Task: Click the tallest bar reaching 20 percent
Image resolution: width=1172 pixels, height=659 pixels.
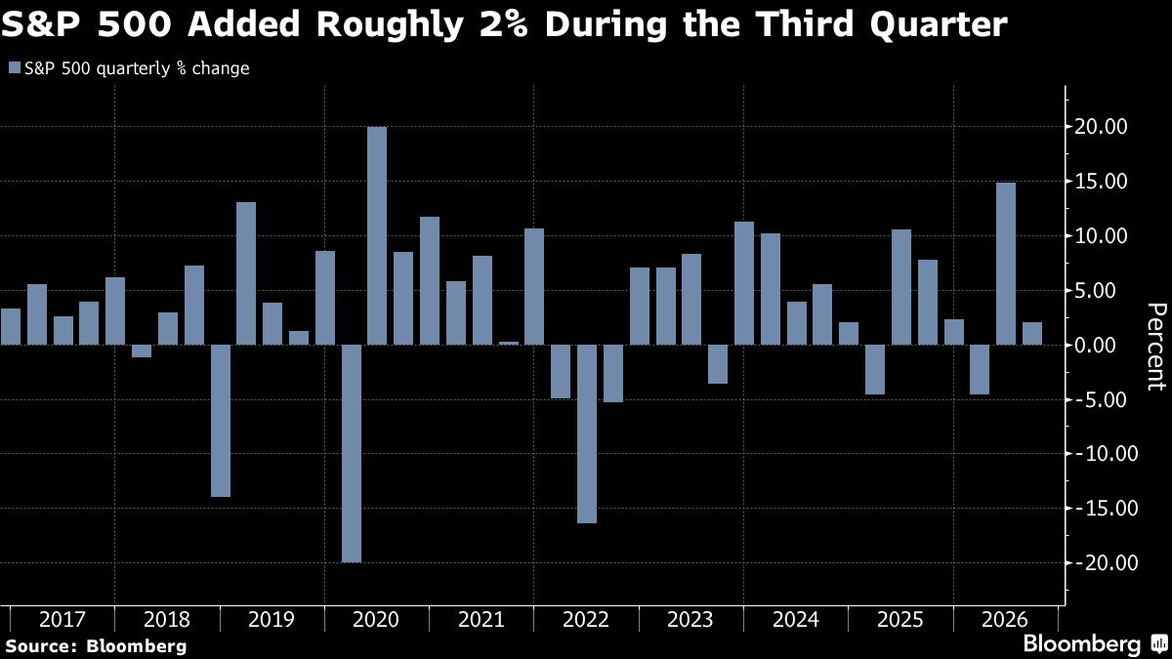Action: [377, 235]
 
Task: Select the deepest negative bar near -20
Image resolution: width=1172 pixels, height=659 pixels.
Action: [351, 453]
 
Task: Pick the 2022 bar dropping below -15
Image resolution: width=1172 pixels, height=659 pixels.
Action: [587, 433]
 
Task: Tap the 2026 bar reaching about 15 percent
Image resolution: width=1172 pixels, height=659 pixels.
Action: [1006, 264]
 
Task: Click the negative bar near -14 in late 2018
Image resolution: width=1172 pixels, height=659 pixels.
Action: [221, 421]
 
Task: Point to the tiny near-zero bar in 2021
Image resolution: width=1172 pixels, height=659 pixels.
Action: [509, 343]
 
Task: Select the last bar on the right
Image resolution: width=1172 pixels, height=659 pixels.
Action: [1032, 333]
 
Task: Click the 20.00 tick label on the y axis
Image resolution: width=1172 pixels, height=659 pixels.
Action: [1101, 127]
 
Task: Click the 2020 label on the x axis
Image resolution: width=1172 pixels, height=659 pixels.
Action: [376, 620]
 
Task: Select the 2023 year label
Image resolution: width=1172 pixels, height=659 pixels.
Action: [691, 620]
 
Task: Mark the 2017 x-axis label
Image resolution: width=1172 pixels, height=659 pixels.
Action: [62, 620]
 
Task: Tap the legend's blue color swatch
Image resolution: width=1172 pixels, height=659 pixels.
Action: [15, 68]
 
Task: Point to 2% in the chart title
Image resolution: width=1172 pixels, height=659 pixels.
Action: [499, 24]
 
